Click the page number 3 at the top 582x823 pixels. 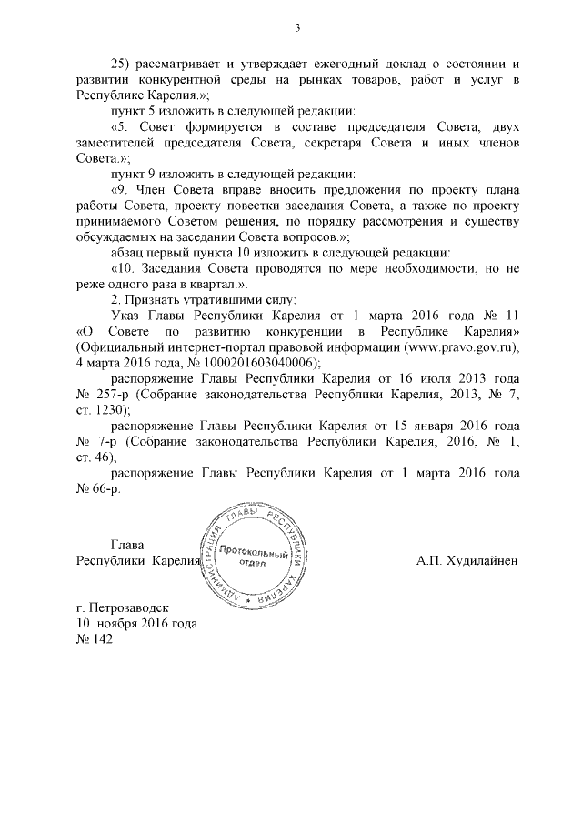click(x=296, y=27)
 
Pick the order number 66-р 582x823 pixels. click(x=106, y=489)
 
